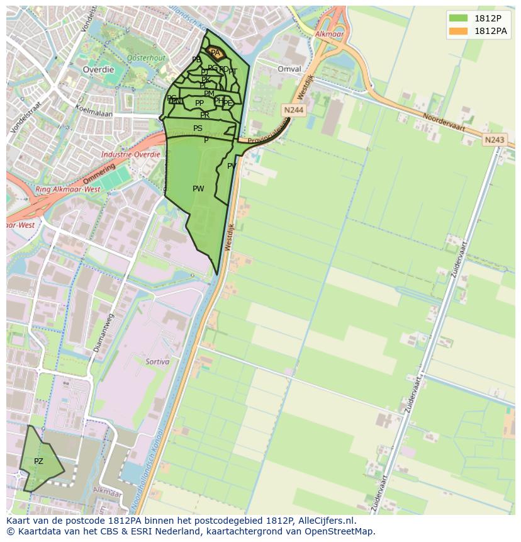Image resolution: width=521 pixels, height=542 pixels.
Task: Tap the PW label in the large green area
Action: click(x=198, y=189)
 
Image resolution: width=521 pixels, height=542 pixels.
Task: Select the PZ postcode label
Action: click(x=38, y=461)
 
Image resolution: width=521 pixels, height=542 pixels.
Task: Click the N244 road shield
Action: click(x=293, y=110)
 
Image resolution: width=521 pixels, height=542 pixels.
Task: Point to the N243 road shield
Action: click(x=495, y=140)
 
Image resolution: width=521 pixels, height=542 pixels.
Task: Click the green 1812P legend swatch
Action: click(x=458, y=18)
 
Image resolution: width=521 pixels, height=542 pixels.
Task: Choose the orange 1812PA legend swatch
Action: click(x=458, y=31)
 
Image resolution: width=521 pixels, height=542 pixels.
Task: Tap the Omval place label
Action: click(x=289, y=69)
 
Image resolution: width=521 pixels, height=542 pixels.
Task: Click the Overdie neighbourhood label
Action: click(x=99, y=70)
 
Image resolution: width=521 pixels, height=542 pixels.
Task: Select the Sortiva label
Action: click(x=157, y=362)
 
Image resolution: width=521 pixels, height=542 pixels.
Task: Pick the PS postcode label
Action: click(x=198, y=128)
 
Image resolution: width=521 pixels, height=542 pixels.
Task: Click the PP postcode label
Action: click(x=199, y=103)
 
